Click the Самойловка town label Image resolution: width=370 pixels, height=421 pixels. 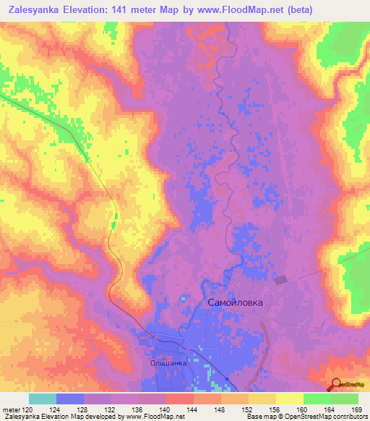(x=235, y=303)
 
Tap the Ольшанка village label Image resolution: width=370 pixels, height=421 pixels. (x=168, y=363)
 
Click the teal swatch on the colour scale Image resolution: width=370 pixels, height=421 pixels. (x=43, y=399)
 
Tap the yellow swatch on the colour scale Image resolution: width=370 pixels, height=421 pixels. (x=289, y=399)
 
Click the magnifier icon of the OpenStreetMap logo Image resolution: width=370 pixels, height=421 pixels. (x=336, y=385)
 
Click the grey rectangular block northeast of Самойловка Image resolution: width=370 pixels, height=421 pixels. (x=280, y=278)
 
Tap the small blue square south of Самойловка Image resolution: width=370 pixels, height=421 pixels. (x=228, y=378)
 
